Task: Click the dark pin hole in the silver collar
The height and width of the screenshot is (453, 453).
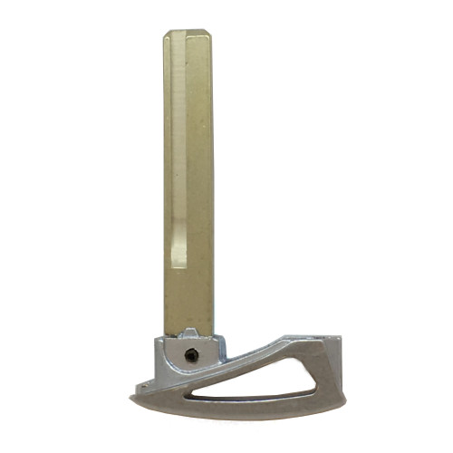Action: (192, 356)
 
